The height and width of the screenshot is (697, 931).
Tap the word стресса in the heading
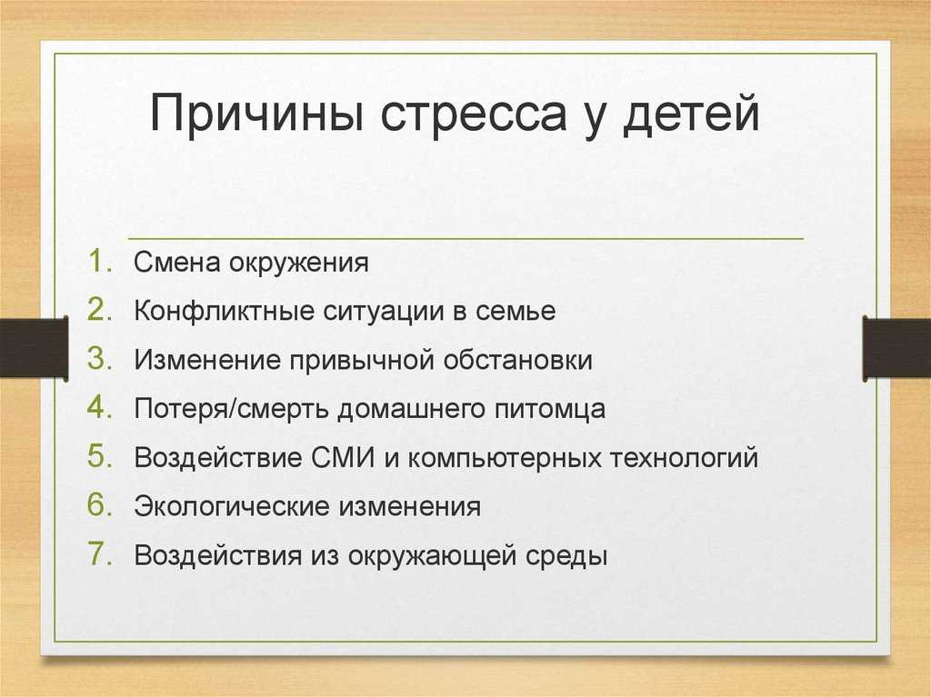point(473,115)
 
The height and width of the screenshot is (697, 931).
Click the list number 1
point(100,261)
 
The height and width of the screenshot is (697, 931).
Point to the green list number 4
point(100,407)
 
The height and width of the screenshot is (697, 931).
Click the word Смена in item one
point(176,263)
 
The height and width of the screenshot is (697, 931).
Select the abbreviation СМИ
point(343,458)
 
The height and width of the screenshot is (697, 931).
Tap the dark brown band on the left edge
point(34,348)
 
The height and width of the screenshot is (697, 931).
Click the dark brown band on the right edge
point(896,348)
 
